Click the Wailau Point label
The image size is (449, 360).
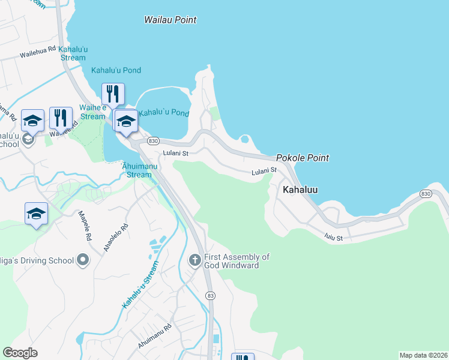coord(170,20)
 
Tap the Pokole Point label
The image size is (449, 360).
coord(303,158)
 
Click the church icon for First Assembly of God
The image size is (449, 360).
coord(194,260)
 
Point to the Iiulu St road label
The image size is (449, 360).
coord(333,238)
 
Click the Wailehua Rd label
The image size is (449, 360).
coord(38,53)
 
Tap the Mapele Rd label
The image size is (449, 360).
coord(85,225)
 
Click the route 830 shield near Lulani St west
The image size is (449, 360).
coord(152,140)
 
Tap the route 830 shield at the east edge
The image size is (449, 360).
coord(426,194)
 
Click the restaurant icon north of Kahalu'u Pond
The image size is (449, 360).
coord(113,94)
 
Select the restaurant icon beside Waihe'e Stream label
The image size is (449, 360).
coord(61,117)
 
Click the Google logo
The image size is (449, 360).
coord(20,353)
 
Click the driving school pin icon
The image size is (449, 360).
coord(83,260)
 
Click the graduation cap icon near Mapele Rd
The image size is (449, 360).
coord(36,214)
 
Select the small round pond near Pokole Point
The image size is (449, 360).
coord(244,140)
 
